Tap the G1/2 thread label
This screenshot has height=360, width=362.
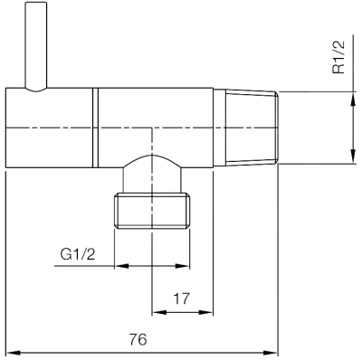coord(78,255)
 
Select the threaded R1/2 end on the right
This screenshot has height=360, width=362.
coord(246,127)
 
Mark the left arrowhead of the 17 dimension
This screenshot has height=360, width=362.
coord(157,313)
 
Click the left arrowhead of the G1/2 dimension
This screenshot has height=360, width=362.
coord(120,266)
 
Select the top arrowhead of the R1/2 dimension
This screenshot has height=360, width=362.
coord(351,97)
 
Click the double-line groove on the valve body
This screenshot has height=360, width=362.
coord(94,127)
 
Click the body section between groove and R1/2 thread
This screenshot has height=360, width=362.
coord(154,113)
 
